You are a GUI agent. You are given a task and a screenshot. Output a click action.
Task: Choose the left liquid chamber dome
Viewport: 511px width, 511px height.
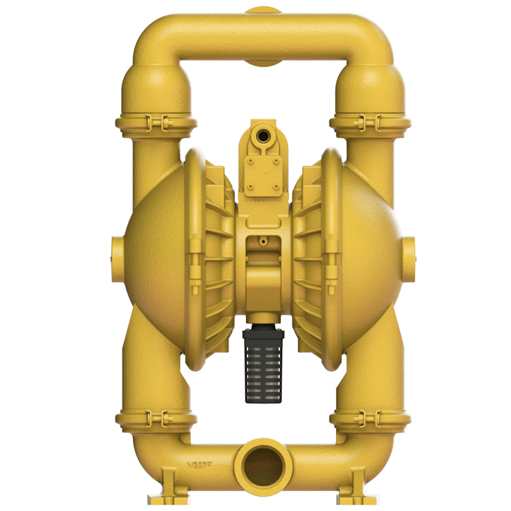click(x=151, y=258)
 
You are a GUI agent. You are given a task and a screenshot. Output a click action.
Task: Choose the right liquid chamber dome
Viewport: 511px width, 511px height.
click(x=375, y=258)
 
